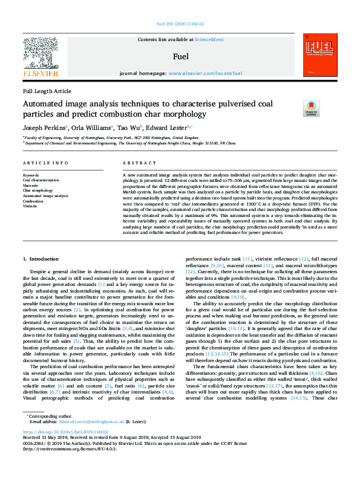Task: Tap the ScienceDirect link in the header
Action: pos(209,39)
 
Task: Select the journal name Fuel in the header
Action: pos(180,56)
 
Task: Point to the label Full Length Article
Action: pos(47,91)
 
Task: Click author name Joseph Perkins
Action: pos(43,128)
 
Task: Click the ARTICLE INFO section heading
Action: pos(45,164)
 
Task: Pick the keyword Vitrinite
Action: pos(30,206)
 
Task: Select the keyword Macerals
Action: pos(31,185)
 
